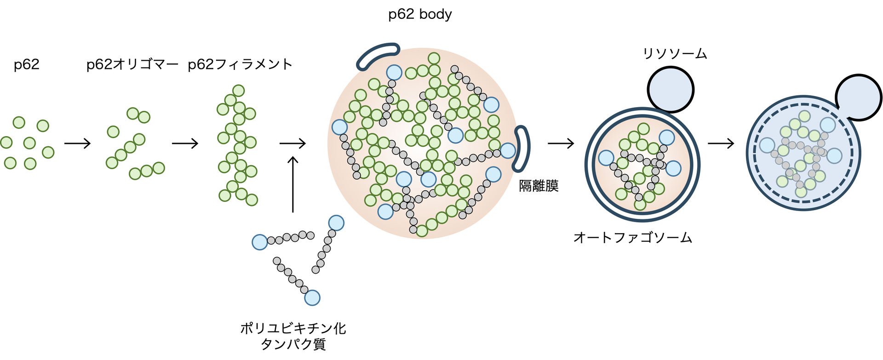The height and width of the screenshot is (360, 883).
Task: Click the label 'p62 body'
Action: point(420,15)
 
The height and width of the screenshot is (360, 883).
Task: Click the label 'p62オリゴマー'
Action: point(132,64)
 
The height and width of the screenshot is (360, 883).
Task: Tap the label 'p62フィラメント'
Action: point(240,64)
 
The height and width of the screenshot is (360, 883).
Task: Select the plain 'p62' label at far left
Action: point(27,64)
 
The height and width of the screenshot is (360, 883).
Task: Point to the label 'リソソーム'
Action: point(675,54)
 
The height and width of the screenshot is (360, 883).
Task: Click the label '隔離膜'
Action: point(539,186)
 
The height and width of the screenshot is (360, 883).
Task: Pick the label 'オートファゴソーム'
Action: point(633,238)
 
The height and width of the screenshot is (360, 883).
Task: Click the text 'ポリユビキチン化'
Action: point(293,328)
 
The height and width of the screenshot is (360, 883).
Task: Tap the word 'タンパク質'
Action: point(293,344)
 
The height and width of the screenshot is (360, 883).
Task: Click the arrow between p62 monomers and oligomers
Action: point(78,144)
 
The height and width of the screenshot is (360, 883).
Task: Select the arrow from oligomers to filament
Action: point(185,144)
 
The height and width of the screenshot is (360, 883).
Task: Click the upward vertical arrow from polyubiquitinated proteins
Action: point(293,184)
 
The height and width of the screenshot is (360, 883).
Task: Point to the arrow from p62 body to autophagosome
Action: point(561,144)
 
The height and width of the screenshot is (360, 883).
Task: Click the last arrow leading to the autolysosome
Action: point(721,144)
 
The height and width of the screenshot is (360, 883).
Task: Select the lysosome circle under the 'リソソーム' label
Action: point(671,90)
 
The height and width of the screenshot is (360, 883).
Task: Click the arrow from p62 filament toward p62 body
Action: point(293,144)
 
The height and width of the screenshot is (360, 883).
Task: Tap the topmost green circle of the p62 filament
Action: point(238,91)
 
